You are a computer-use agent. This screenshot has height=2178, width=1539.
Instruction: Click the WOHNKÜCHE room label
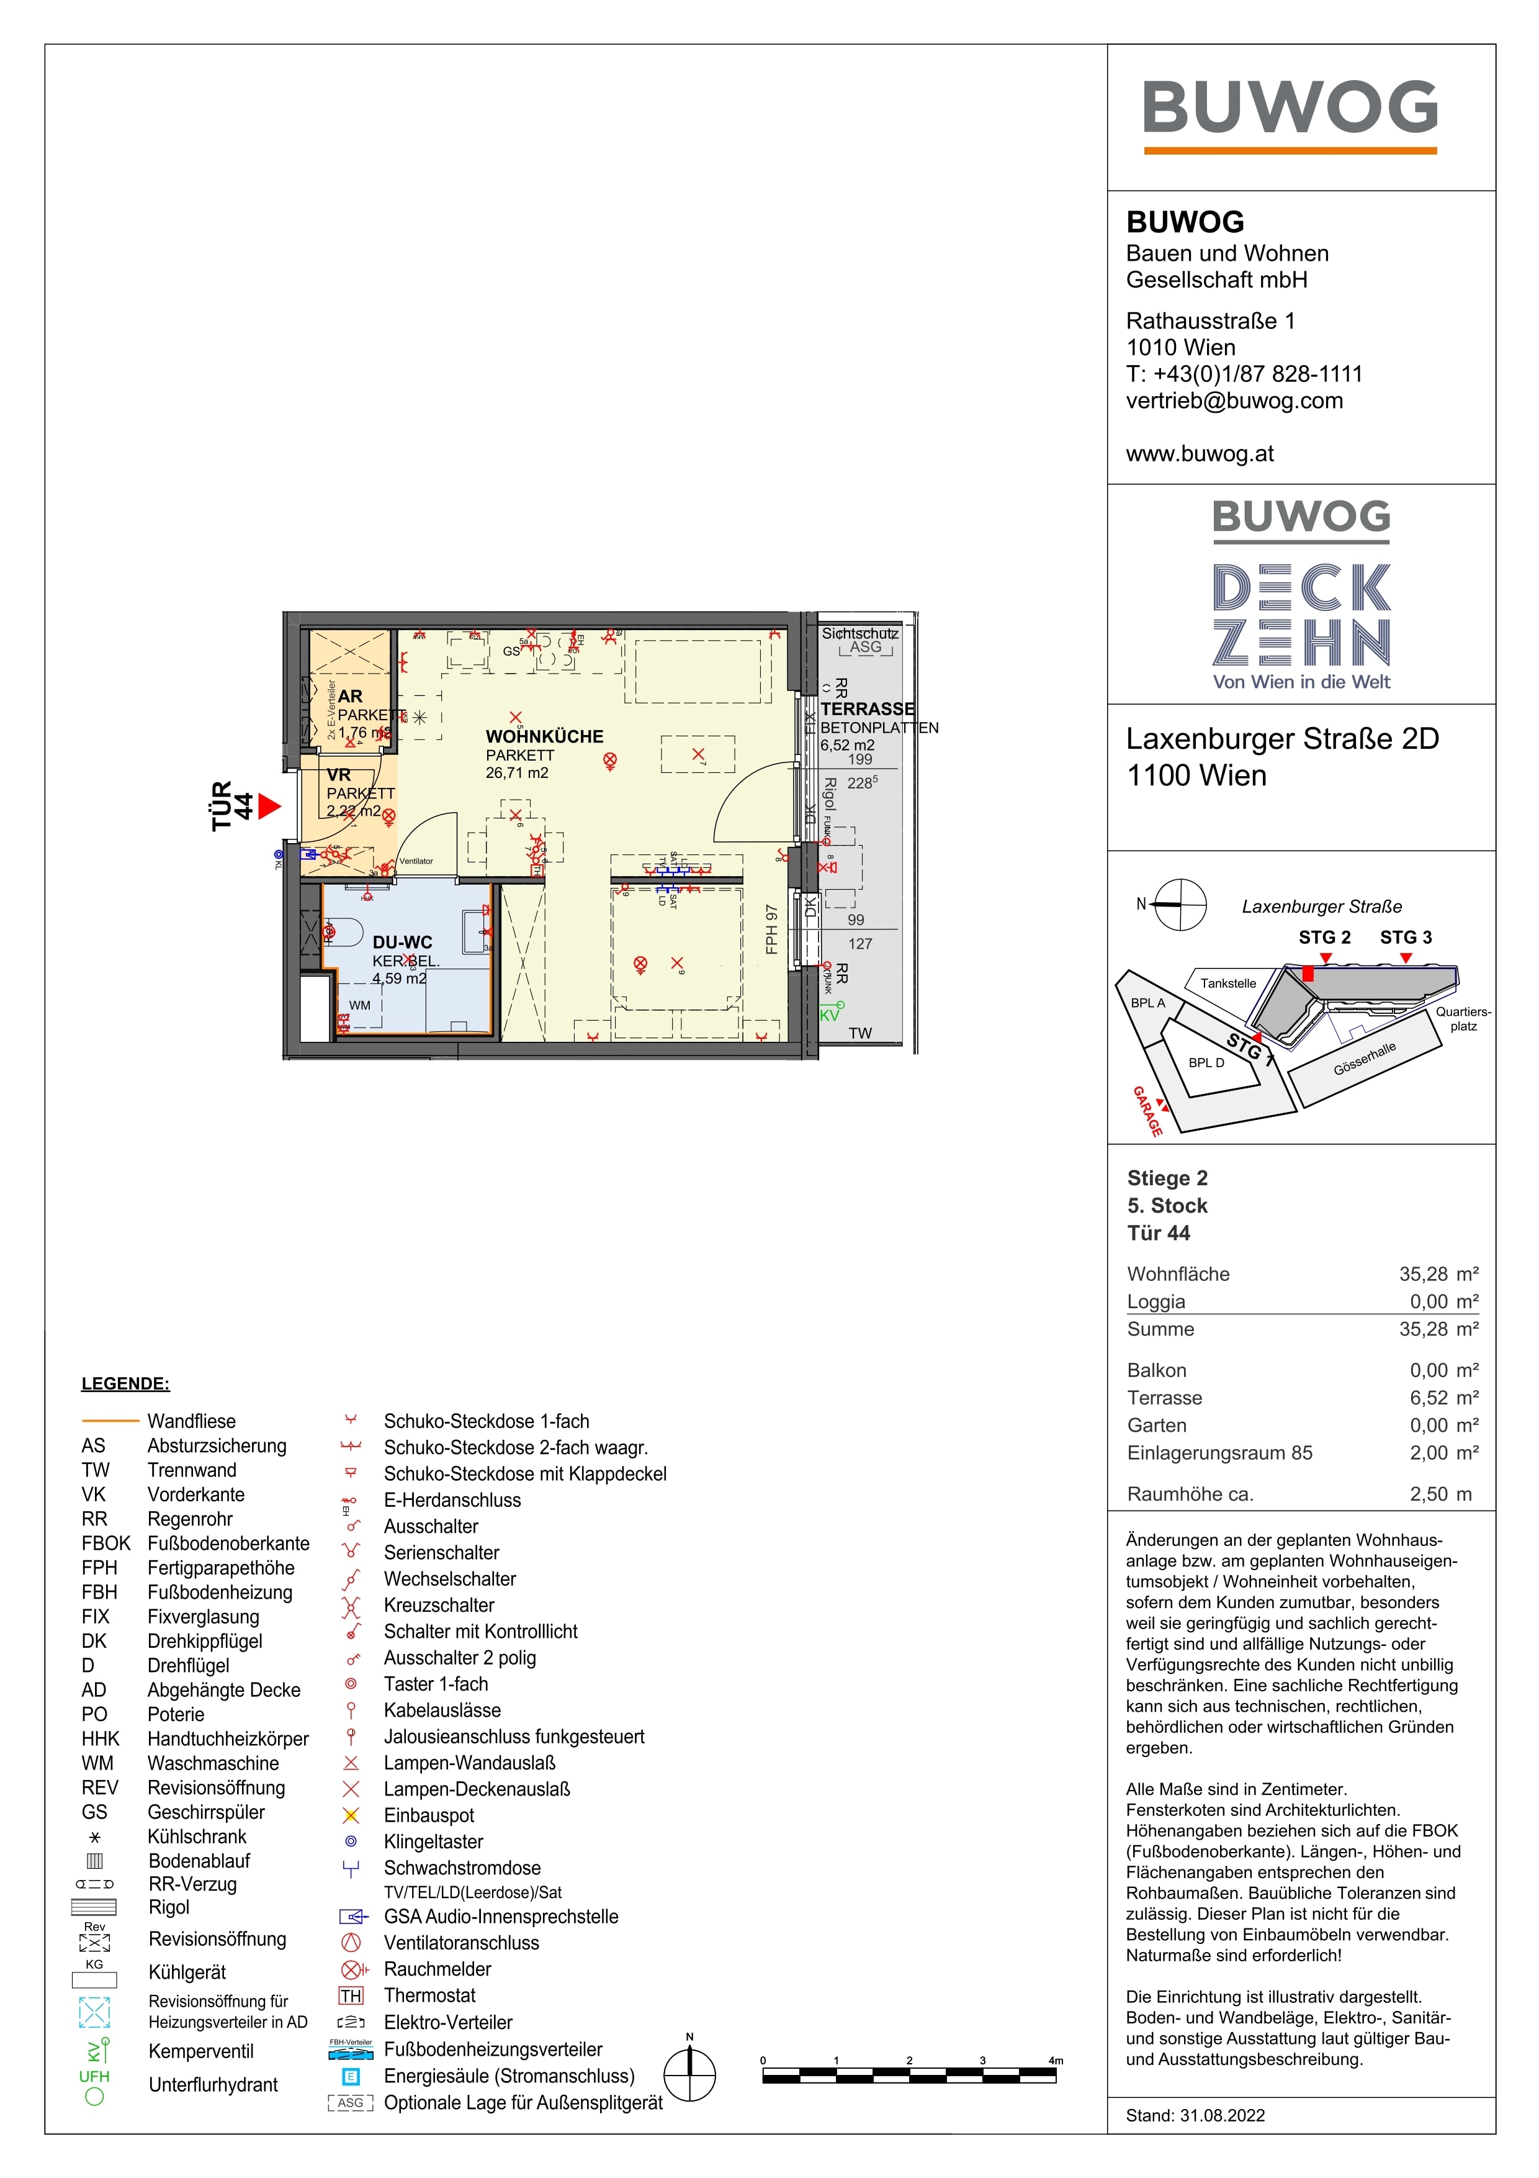544,736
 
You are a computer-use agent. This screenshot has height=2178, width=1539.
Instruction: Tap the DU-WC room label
402,942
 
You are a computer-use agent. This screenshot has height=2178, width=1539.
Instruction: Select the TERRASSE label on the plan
868,708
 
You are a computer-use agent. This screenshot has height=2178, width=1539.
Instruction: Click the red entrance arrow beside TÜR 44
269,807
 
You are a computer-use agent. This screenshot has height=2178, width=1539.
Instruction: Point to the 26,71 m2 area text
517,773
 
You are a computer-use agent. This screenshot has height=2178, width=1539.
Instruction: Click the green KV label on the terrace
829,1015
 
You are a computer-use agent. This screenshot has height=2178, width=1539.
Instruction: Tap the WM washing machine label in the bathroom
359,1006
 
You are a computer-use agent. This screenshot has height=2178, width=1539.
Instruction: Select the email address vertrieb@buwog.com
1234,400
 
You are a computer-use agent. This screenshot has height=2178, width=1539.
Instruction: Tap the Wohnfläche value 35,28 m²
1438,1274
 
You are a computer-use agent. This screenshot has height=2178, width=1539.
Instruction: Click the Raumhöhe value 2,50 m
1440,1494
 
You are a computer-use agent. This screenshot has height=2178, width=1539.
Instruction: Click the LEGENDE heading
125,1383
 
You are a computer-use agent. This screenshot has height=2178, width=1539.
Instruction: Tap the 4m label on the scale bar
1056,2061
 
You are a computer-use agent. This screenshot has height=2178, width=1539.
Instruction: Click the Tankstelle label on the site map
1228,983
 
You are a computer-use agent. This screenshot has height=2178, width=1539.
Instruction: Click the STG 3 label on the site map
1406,938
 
